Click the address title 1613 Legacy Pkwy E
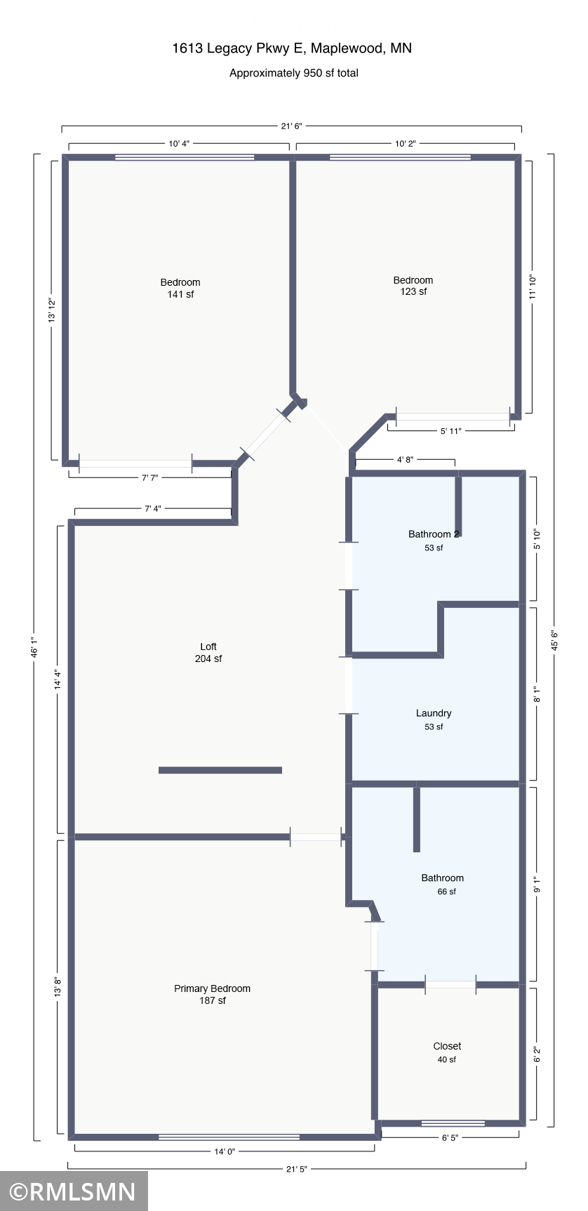(x=292, y=48)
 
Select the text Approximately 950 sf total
(x=293, y=73)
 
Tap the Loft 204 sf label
(x=208, y=652)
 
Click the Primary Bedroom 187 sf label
(x=212, y=994)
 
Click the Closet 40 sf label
(x=447, y=1052)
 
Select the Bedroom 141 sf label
(x=180, y=288)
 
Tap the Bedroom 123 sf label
(x=413, y=286)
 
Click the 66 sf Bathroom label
(x=443, y=884)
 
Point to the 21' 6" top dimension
(x=291, y=126)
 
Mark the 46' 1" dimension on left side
(x=34, y=647)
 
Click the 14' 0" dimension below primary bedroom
(x=225, y=1151)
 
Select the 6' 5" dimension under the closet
(x=450, y=1138)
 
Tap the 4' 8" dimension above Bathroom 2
(x=405, y=460)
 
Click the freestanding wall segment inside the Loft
(x=220, y=770)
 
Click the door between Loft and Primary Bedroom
(x=316, y=837)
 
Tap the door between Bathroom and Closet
(x=450, y=985)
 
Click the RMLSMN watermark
(x=73, y=1191)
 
